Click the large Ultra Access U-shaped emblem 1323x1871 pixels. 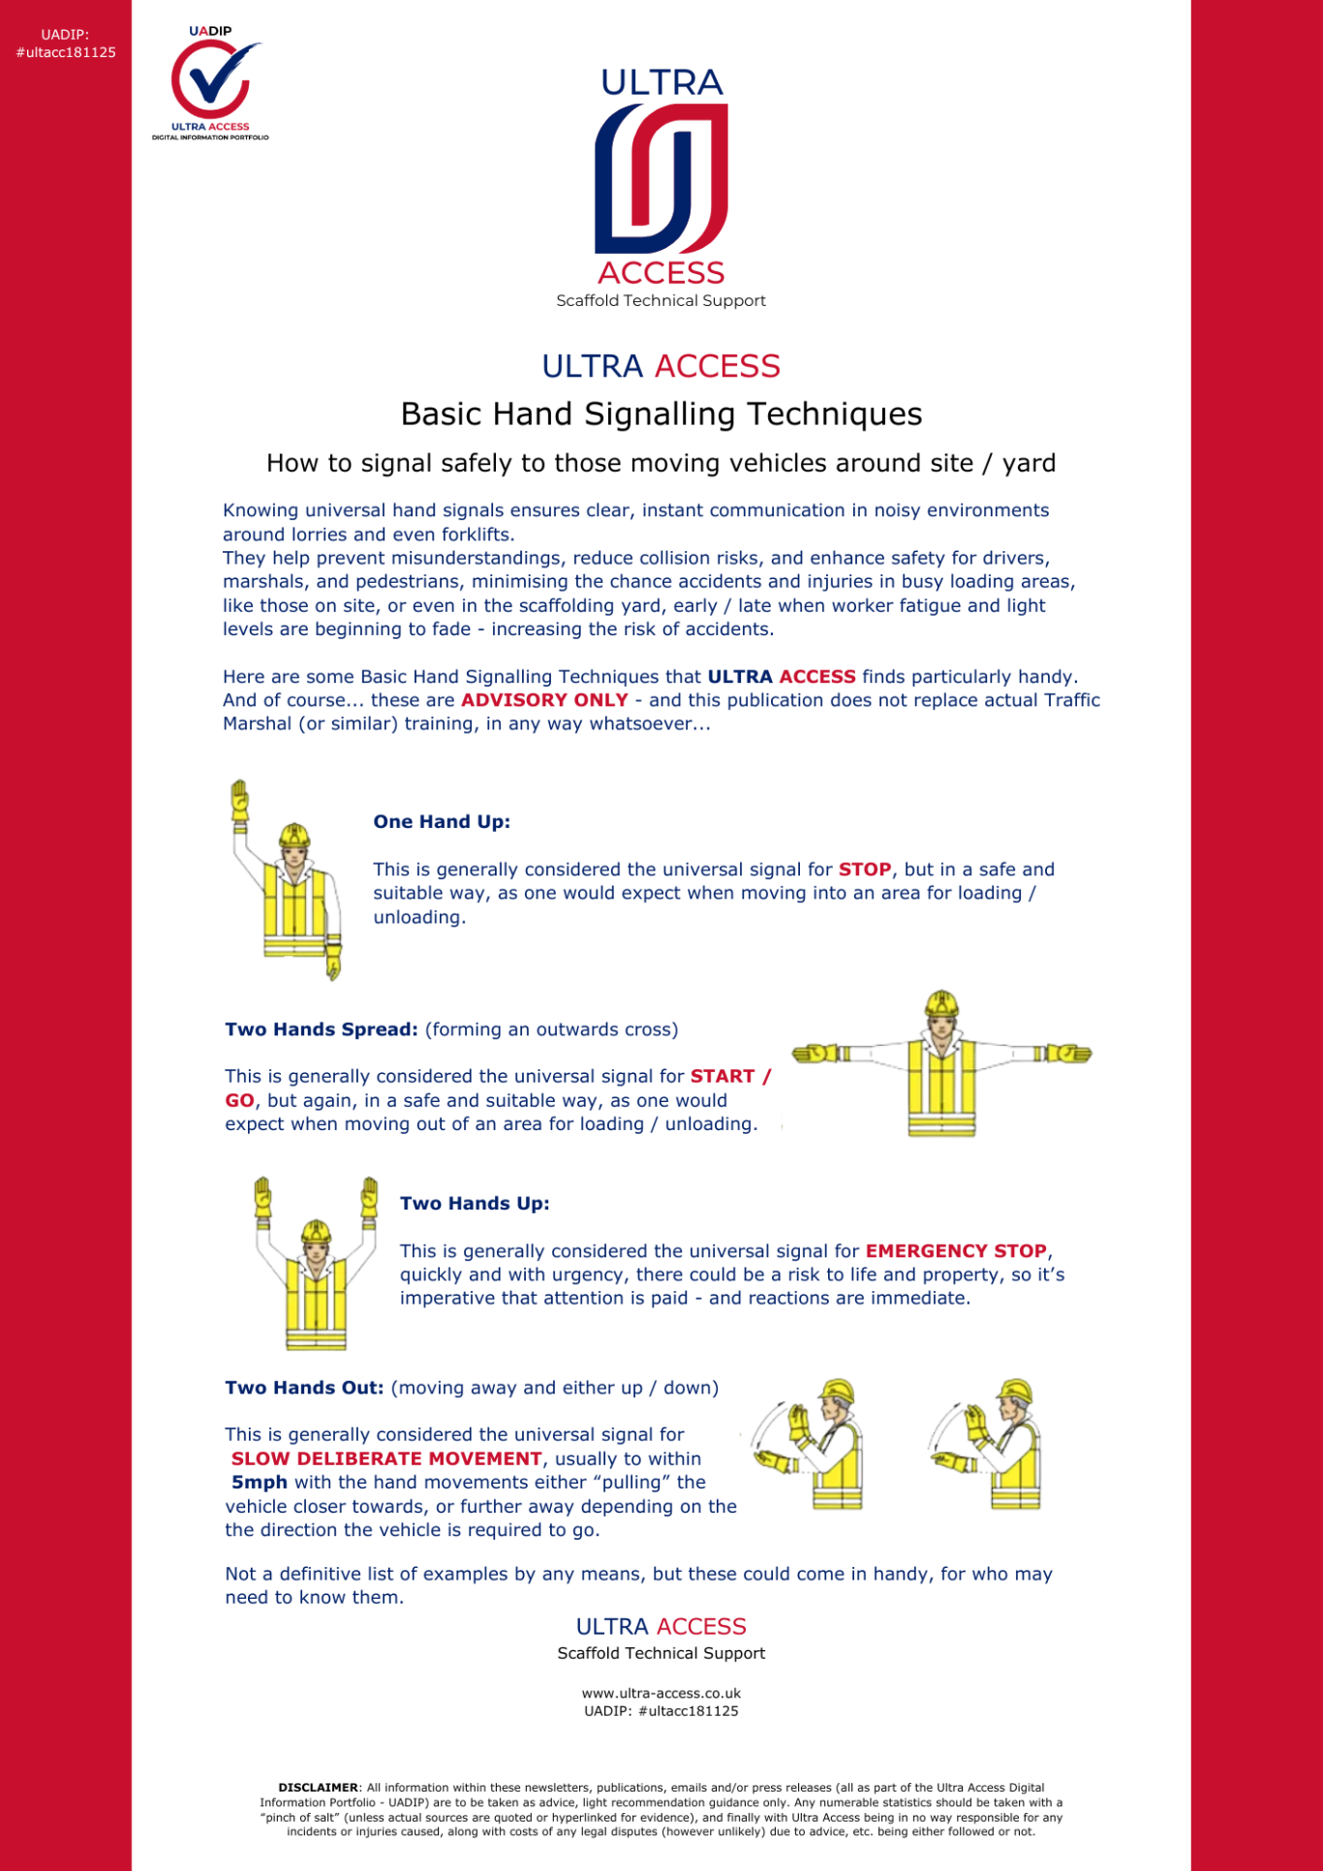pyautogui.click(x=661, y=179)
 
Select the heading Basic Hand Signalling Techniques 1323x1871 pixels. pyautogui.click(x=661, y=414)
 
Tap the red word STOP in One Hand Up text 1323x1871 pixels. pyautogui.click(x=864, y=870)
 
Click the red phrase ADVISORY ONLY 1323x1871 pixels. pyautogui.click(x=544, y=700)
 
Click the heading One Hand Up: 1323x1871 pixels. pyautogui.click(x=442, y=822)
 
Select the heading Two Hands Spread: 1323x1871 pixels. pyautogui.click(x=322, y=1029)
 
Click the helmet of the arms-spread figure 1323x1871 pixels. pyautogui.click(x=941, y=1003)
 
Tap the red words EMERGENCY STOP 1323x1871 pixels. pyautogui.click(x=956, y=1251)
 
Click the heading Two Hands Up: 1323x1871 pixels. pyautogui.click(x=475, y=1204)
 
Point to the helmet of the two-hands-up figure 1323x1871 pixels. pyautogui.click(x=316, y=1232)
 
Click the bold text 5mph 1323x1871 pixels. pyautogui.click(x=260, y=1483)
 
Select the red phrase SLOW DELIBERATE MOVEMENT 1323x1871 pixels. pyautogui.click(x=386, y=1459)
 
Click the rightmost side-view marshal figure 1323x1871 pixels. pyautogui.click(x=998, y=1445)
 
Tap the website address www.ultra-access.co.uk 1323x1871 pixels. pyautogui.click(x=661, y=1694)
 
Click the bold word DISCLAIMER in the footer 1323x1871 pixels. pyautogui.click(x=318, y=1788)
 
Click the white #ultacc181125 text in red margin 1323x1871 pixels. pyautogui.click(x=66, y=52)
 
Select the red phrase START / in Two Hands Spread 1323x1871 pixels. pyautogui.click(x=730, y=1077)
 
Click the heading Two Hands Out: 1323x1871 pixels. pyautogui.click(x=304, y=1388)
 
